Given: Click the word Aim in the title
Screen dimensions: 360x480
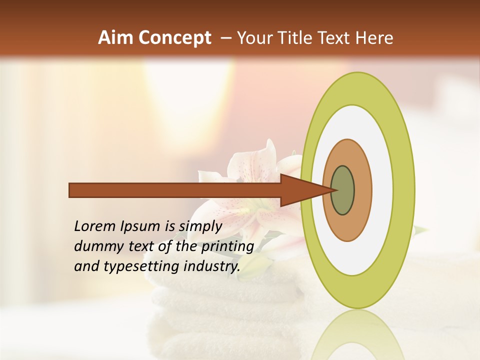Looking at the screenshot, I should tap(116, 38).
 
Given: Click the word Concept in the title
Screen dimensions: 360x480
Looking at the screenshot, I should tap(174, 38).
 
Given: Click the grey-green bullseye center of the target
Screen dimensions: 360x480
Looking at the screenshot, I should tap(342, 190).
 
